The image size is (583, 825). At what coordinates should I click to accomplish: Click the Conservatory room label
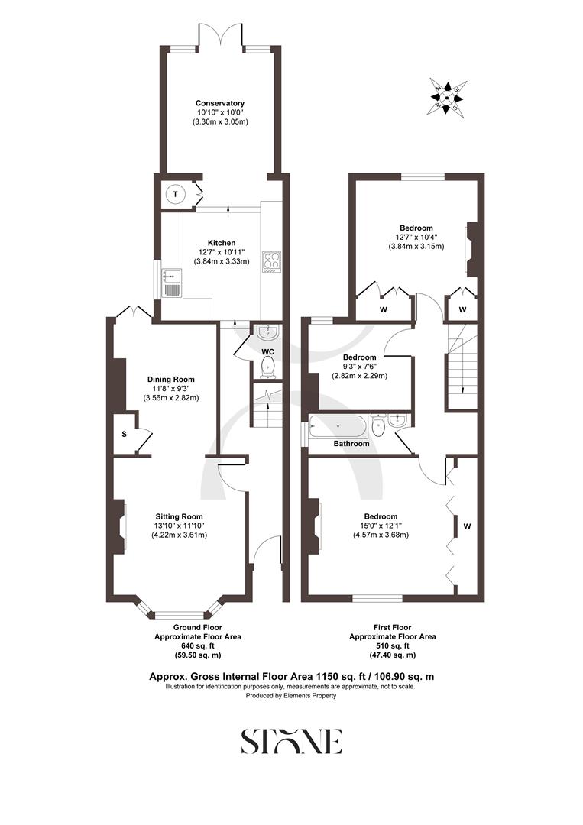pyautogui.click(x=219, y=103)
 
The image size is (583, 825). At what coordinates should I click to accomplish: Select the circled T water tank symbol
pyautogui.click(x=175, y=195)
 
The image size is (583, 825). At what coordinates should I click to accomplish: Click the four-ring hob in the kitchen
pyautogui.click(x=271, y=261)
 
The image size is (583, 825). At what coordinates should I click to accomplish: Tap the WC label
pyautogui.click(x=267, y=351)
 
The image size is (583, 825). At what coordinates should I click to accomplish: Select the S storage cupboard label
pyautogui.click(x=123, y=434)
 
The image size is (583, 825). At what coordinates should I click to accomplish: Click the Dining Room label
pyautogui.click(x=171, y=379)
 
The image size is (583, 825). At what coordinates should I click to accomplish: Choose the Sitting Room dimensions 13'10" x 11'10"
pyautogui.click(x=180, y=526)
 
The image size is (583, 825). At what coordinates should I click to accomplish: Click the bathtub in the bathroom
pyautogui.click(x=337, y=425)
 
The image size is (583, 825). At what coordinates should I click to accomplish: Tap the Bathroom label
pyautogui.click(x=351, y=444)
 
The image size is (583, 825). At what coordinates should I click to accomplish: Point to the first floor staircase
pyautogui.click(x=461, y=367)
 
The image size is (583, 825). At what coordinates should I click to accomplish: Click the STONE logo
pyautogui.click(x=291, y=741)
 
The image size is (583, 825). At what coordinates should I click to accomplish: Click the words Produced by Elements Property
pyautogui.click(x=291, y=697)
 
